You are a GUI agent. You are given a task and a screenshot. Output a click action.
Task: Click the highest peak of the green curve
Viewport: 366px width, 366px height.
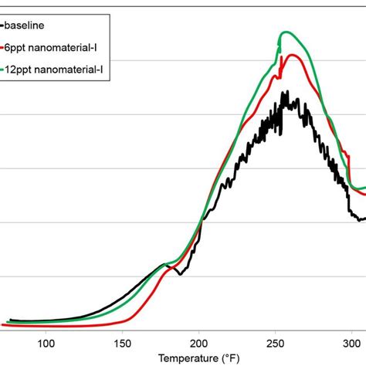click(x=286, y=32)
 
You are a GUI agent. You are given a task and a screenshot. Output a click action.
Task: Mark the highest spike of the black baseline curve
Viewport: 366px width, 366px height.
click(x=285, y=92)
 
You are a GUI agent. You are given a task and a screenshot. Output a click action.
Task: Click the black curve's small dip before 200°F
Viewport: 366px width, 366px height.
click(x=178, y=273)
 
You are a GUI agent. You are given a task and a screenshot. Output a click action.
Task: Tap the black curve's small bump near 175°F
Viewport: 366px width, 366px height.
click(x=164, y=264)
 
